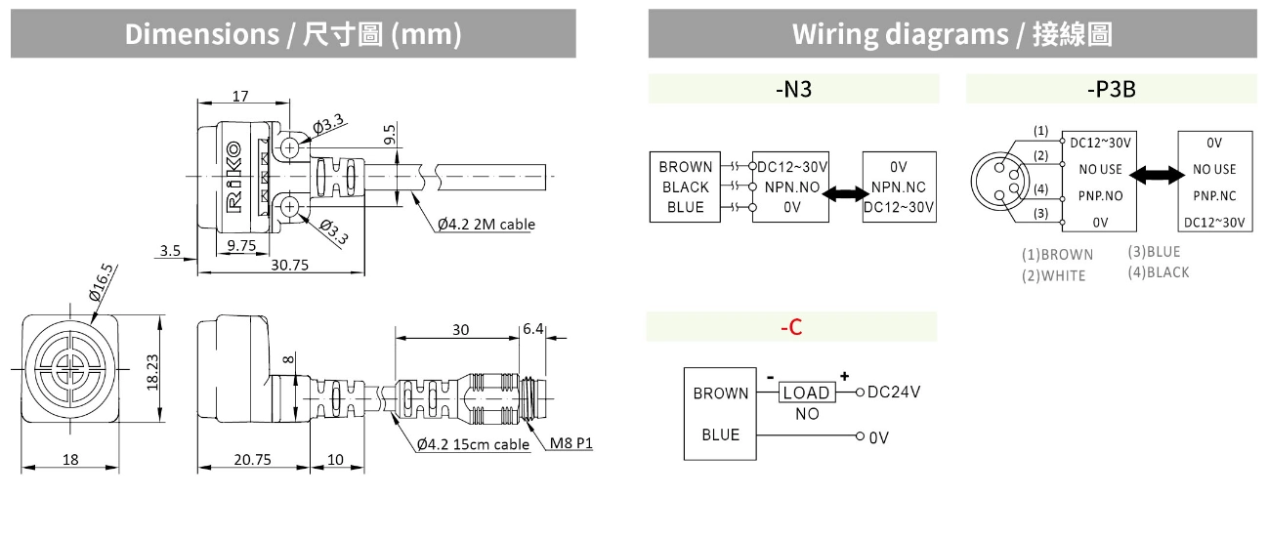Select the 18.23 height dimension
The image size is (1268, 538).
[x=151, y=372]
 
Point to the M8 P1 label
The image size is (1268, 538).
[x=571, y=444]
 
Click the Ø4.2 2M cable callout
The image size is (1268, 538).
[x=486, y=225]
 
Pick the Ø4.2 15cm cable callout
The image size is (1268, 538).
[x=473, y=444]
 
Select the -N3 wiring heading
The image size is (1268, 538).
[x=793, y=90]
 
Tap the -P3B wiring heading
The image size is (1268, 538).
[x=1111, y=90]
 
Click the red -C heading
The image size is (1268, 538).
[x=791, y=327]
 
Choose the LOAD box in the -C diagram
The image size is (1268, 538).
[x=807, y=393]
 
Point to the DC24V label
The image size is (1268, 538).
[x=894, y=392]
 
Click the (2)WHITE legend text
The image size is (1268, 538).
[x=1053, y=275]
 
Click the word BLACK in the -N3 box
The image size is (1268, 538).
[x=686, y=187]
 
